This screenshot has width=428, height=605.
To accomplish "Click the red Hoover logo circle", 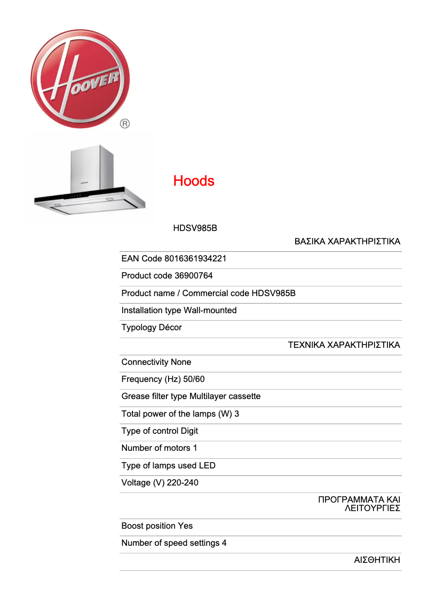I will pyautogui.click(x=80, y=78).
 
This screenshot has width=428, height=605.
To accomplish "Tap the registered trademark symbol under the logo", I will pyautogui.click(x=124, y=124).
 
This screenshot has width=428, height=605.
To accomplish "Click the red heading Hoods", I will pyautogui.click(x=194, y=181).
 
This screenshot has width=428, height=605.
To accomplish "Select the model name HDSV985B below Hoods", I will pyautogui.click(x=195, y=228).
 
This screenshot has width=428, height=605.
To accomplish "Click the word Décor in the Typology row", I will pyautogui.click(x=170, y=328).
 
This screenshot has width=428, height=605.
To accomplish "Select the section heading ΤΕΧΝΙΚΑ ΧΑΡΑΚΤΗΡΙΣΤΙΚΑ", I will pyautogui.click(x=344, y=345).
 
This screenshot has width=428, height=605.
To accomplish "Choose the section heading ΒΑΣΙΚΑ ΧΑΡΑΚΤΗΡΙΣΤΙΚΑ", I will pyautogui.click(x=347, y=242).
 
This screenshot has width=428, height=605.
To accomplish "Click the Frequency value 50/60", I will pyautogui.click(x=193, y=379).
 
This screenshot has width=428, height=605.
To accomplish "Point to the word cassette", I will pyautogui.click(x=243, y=396).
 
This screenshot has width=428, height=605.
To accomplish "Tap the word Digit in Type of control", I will pyautogui.click(x=189, y=431).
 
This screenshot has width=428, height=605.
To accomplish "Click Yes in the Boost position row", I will pyautogui.click(x=185, y=526).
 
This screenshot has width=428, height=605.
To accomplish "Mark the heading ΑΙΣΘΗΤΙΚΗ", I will pyautogui.click(x=377, y=560).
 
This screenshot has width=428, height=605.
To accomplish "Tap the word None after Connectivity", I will pyautogui.click(x=181, y=362).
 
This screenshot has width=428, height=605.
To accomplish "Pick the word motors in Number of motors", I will pyautogui.click(x=177, y=448).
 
